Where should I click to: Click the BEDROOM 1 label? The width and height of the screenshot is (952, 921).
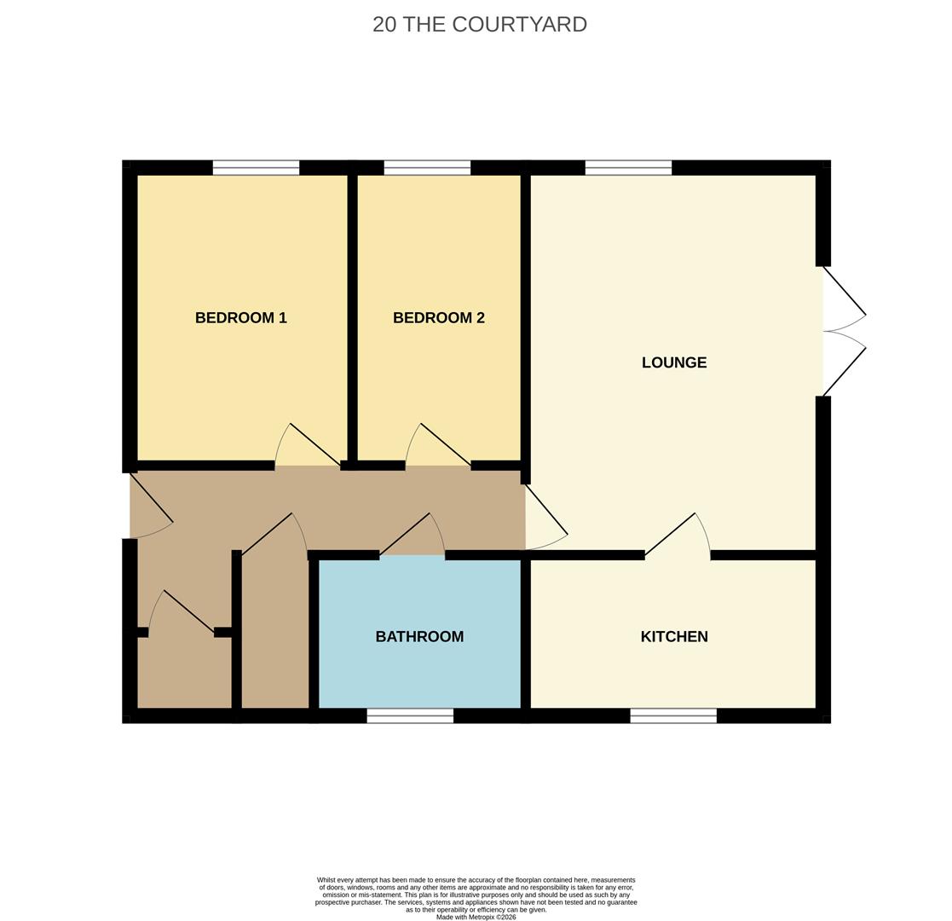coord(240,318)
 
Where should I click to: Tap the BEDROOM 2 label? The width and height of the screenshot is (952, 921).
coord(438,318)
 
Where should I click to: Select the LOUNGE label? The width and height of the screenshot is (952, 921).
coord(674,362)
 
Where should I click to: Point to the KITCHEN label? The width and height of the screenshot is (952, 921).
coord(674,637)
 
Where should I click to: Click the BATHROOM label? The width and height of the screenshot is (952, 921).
coord(419,637)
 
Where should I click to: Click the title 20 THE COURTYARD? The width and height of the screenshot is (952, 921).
coord(480,24)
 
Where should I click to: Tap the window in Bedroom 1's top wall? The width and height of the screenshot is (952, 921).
coord(257,168)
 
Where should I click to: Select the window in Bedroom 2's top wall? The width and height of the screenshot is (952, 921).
coord(428,168)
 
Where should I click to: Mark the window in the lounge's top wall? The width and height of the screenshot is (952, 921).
coord(628,168)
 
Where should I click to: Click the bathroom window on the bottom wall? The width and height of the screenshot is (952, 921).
coord(411,715)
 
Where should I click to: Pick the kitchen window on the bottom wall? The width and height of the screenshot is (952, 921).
coord(673,715)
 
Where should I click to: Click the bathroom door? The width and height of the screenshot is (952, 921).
coord(413,536)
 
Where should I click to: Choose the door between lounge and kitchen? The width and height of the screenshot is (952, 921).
coord(678,536)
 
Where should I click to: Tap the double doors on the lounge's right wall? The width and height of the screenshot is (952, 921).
coord(845,332)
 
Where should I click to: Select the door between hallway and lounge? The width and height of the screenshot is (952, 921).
coord(546,517)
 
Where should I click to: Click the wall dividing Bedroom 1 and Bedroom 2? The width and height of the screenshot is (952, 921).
coord(352,318)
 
